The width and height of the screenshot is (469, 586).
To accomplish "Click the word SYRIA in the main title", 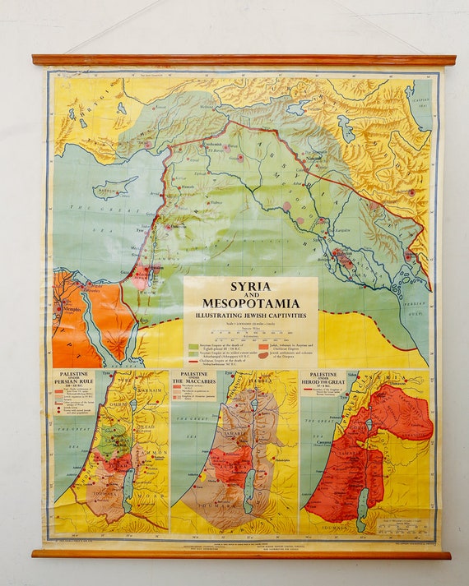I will point(250,287).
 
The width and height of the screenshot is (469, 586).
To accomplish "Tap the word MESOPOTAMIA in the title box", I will point(250,303).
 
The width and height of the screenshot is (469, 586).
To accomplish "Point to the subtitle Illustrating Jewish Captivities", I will point(250,314).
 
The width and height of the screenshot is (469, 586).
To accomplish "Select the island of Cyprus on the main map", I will point(111,190).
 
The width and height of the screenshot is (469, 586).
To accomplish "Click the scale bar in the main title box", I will point(249,333).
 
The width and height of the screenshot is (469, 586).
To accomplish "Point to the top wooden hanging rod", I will point(244,60).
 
